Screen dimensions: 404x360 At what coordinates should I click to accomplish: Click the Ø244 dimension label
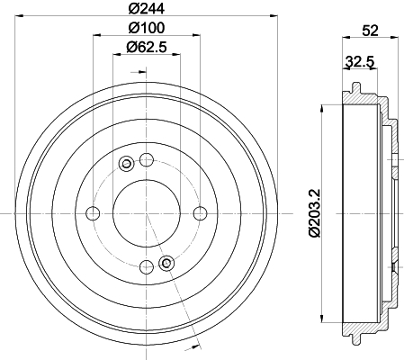coord(147,8)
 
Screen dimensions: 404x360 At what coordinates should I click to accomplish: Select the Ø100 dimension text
coord(147,28)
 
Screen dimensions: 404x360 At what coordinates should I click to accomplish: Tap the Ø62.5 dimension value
coord(147,47)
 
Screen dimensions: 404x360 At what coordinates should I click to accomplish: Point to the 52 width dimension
coord(371,31)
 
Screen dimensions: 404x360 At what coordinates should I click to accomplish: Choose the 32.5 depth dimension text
coord(360,62)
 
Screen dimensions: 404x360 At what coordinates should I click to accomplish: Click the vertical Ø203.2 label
coord(315,213)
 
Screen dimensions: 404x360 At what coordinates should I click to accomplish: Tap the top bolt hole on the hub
coord(147,159)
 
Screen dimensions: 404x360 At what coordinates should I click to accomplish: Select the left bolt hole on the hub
coord(93,213)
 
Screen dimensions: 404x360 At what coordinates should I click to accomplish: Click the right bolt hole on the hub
coord(200,213)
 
